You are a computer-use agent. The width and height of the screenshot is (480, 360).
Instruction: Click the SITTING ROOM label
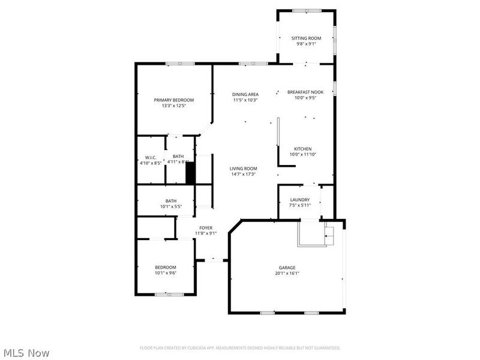[x=306, y=38]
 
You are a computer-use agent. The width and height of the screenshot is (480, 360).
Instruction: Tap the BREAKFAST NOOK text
[x=305, y=92]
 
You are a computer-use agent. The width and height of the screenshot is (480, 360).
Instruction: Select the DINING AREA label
[x=245, y=95]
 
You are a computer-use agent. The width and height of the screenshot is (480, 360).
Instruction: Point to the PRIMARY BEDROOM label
[x=174, y=100]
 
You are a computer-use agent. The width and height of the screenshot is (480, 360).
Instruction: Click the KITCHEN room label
[x=302, y=149]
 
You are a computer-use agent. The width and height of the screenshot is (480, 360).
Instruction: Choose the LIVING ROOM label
[x=243, y=169]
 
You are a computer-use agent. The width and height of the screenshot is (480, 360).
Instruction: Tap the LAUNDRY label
[x=299, y=200]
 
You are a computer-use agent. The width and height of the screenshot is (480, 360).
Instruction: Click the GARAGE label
[x=287, y=268]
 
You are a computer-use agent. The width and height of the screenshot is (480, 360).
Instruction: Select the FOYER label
[x=206, y=228]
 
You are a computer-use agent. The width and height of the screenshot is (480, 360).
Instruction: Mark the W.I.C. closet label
[x=150, y=157]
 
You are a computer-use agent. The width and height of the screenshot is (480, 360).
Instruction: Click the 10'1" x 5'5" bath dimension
[x=171, y=207]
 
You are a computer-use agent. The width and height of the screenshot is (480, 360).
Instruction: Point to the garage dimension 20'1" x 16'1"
[x=287, y=274]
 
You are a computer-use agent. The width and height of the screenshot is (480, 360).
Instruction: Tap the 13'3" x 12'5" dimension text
[x=174, y=106]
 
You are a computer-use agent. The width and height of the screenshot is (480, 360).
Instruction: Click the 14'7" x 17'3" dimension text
[x=243, y=175]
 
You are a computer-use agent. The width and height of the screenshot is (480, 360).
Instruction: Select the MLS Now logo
[x=25, y=353]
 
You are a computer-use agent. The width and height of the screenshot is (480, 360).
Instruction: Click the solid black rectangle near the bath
[x=190, y=173]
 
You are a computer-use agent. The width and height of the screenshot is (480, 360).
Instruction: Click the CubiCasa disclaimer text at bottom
[x=240, y=348]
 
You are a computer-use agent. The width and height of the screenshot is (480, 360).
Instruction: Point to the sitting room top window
[x=306, y=10]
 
